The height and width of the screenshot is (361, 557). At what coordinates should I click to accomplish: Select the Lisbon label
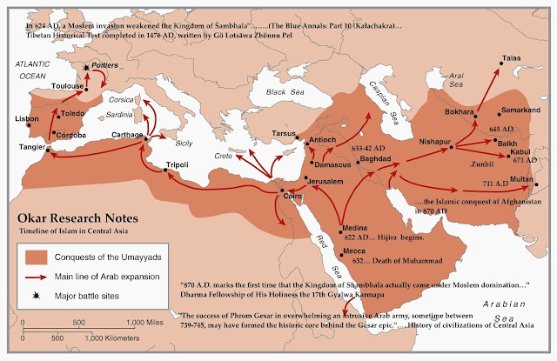[x=27, y=117]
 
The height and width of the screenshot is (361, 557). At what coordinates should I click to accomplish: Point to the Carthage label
[x=126, y=134]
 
